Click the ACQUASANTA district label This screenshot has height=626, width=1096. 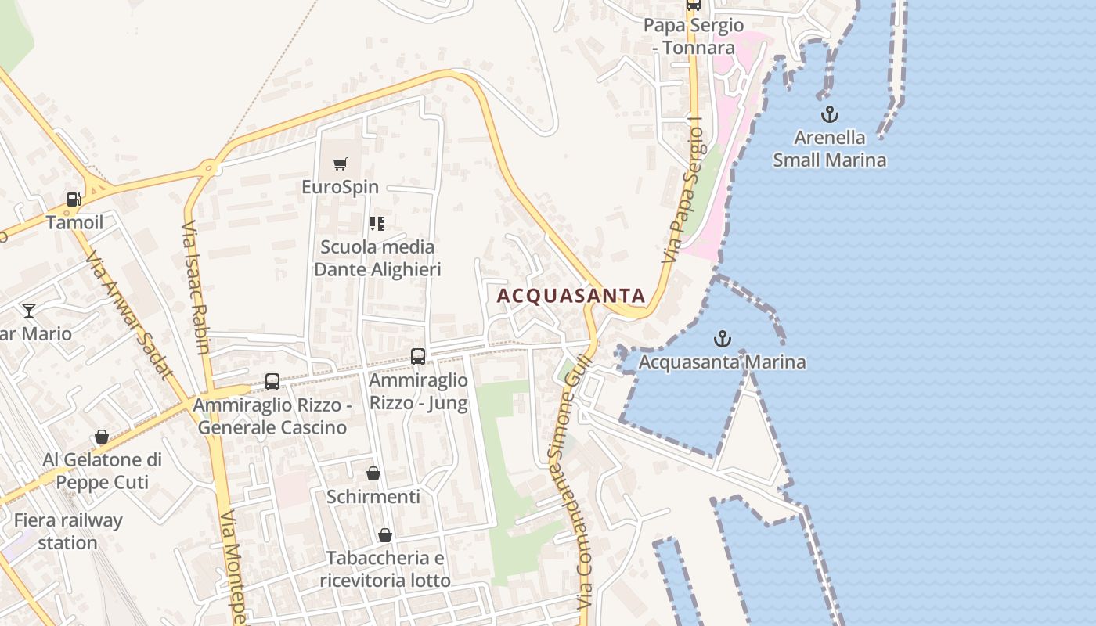(571, 296)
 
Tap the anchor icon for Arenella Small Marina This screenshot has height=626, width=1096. (829, 115)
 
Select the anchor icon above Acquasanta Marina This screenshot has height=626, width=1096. (723, 339)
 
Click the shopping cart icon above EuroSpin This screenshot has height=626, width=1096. (340, 164)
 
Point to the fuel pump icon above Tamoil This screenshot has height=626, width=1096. (74, 200)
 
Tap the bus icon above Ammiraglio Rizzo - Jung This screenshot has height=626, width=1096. (418, 357)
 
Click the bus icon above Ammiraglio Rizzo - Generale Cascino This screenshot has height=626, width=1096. (272, 382)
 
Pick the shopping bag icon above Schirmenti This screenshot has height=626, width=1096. (373, 473)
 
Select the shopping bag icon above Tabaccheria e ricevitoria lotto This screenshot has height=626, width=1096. (384, 535)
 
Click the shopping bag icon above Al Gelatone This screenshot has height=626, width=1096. (102, 437)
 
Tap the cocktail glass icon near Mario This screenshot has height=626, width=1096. (29, 311)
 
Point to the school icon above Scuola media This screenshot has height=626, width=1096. (377, 225)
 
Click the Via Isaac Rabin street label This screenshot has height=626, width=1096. (195, 287)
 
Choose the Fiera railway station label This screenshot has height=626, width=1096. (68, 531)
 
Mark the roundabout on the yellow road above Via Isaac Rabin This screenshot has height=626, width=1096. (208, 167)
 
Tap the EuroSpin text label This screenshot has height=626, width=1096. (340, 187)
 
